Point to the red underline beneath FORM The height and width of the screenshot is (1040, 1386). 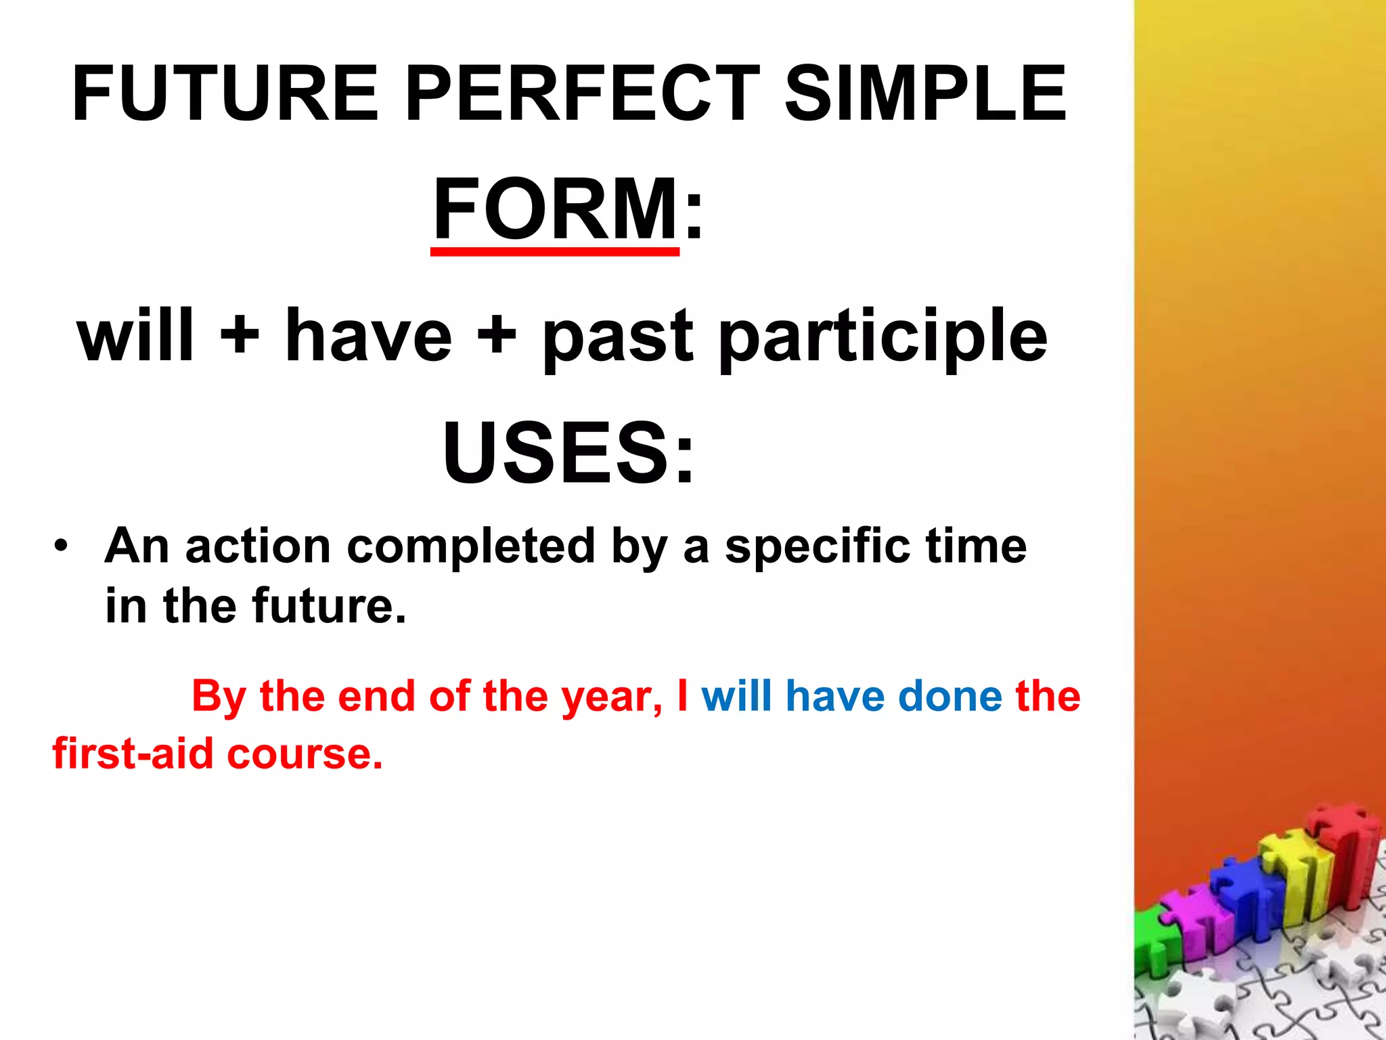555,252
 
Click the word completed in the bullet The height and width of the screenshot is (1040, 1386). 471,547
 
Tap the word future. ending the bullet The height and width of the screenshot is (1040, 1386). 330,605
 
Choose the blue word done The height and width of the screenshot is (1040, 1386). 950,697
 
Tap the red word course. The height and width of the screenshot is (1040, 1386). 305,754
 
